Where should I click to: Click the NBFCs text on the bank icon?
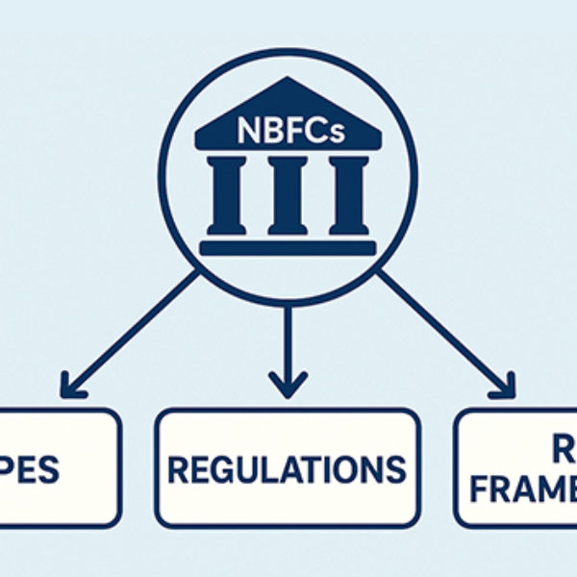pos(288,130)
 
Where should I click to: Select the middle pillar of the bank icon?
pos(288,195)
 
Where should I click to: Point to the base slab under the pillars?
pos(288,247)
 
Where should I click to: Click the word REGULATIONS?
pos(287,468)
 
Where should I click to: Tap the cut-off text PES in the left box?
pos(33,469)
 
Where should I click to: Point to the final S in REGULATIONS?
pos(395,468)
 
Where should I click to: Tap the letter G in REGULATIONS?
pos(224,468)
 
